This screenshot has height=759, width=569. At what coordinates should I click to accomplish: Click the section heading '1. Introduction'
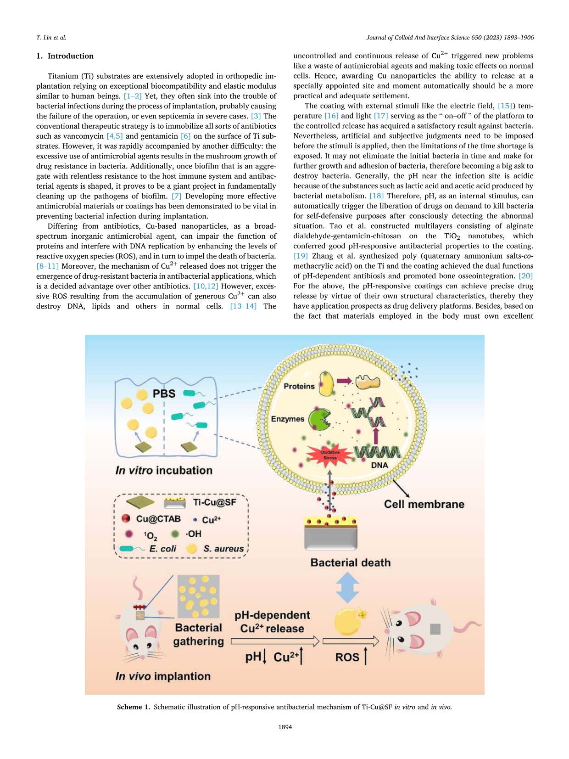65,56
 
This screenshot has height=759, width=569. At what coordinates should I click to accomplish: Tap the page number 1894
285,727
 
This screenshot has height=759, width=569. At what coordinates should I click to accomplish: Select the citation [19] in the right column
301,256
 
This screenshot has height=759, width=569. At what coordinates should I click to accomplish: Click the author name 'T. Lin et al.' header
51,38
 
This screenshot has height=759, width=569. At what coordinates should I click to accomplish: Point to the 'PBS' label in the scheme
164,394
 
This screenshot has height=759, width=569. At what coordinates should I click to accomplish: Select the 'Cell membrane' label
424,504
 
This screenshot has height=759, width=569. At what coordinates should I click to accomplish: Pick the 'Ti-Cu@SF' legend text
214,502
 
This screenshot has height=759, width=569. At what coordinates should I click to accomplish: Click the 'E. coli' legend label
163,549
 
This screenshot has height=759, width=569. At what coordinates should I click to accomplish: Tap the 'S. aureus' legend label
223,549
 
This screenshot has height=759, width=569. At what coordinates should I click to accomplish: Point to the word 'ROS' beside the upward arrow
347,657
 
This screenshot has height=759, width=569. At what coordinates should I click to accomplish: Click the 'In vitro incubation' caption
164,470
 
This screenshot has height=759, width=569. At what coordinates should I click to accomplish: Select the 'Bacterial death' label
351,562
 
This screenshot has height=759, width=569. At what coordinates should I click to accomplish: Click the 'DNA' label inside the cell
379,465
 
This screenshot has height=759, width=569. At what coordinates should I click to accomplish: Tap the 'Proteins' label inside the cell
299,386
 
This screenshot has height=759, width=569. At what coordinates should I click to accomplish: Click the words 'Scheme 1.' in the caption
134,707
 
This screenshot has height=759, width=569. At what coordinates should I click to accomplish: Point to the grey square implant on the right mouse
435,629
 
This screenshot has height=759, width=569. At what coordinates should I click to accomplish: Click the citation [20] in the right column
526,276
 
